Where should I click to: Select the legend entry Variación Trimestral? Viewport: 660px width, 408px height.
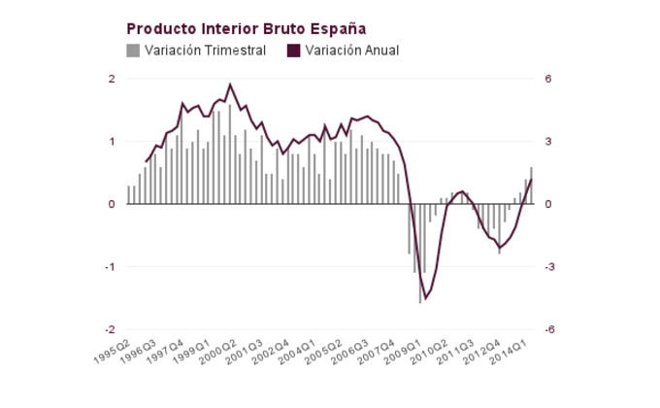(x=205, y=51)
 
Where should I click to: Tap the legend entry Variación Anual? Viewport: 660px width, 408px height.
(x=351, y=51)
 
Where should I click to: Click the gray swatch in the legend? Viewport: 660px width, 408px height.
(x=133, y=51)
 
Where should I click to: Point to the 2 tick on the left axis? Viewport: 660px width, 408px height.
(x=112, y=79)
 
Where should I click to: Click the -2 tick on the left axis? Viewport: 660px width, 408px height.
(x=110, y=329)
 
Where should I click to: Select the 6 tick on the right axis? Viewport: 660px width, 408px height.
(x=548, y=79)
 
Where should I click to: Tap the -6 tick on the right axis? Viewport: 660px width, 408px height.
(x=550, y=329)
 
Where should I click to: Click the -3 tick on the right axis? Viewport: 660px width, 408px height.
(x=550, y=267)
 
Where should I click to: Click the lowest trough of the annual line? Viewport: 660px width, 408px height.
(x=423, y=299)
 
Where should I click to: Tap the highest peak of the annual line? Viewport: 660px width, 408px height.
(x=230, y=85)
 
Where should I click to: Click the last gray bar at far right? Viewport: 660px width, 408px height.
(x=531, y=186)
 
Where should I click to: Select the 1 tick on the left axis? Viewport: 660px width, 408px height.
(x=112, y=142)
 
